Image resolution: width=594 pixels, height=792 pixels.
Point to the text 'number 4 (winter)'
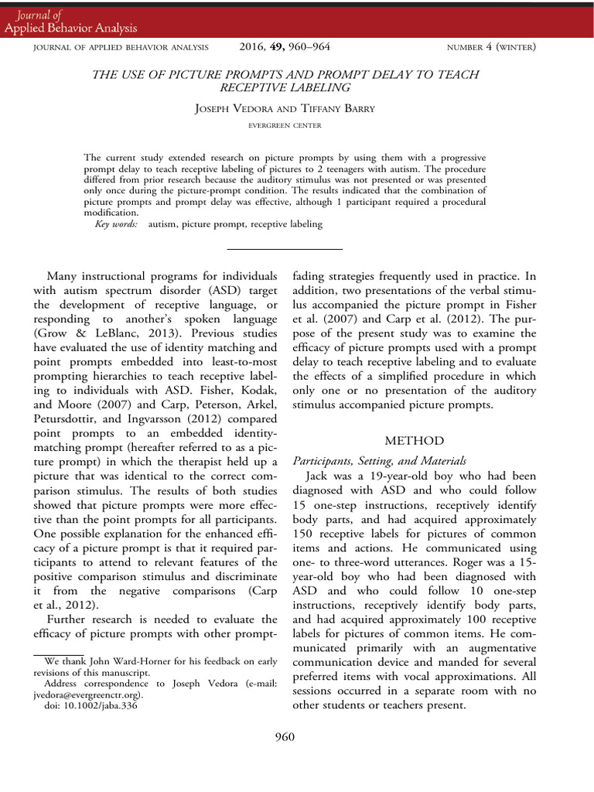[492, 48]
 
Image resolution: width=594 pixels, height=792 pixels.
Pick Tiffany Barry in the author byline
[338, 109]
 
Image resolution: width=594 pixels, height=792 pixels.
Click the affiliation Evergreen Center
[285, 125]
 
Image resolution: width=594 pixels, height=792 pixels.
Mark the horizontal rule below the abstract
[285, 249]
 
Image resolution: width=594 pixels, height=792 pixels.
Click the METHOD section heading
[415, 441]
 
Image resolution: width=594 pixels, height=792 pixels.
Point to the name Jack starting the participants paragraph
[320, 476]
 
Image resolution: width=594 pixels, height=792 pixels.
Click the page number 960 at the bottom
[285, 736]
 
